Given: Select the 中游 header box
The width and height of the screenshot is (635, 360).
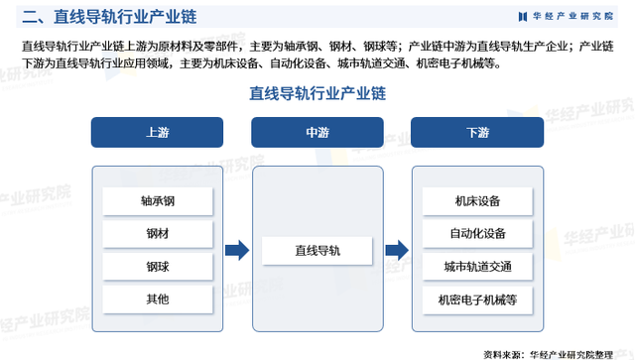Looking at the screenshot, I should pos(317,132).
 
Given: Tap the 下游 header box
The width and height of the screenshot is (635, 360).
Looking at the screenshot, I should pos(477,132).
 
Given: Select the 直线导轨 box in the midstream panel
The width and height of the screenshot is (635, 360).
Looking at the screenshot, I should pos(317,251).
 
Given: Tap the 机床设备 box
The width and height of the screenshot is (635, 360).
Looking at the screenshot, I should pos(477,201).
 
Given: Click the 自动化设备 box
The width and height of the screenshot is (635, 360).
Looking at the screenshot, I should pos(477,234).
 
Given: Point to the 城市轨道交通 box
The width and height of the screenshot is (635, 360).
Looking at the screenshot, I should pos(477,267).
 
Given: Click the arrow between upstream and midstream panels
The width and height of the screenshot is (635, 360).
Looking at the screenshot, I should pos(236,251).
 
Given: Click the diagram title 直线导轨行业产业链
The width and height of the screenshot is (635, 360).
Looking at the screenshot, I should pos(317,93).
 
